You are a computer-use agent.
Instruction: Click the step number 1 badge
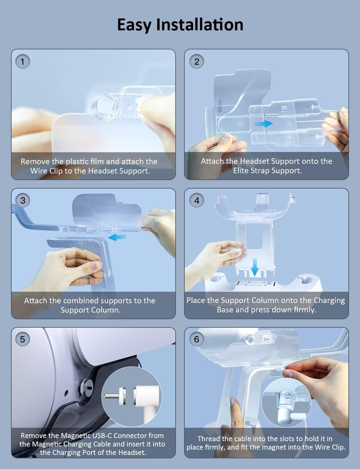[23, 62]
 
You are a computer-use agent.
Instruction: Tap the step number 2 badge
[196, 62]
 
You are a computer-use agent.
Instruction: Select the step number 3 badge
[23, 200]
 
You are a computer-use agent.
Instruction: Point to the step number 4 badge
[196, 200]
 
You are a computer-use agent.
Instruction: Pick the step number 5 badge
[23, 339]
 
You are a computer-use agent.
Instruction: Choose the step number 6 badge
[196, 339]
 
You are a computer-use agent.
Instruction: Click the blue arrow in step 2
[264, 124]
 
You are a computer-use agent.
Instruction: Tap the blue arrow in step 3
[117, 237]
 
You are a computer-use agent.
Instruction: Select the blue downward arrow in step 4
[255, 267]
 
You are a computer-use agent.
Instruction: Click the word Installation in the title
[200, 24]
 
